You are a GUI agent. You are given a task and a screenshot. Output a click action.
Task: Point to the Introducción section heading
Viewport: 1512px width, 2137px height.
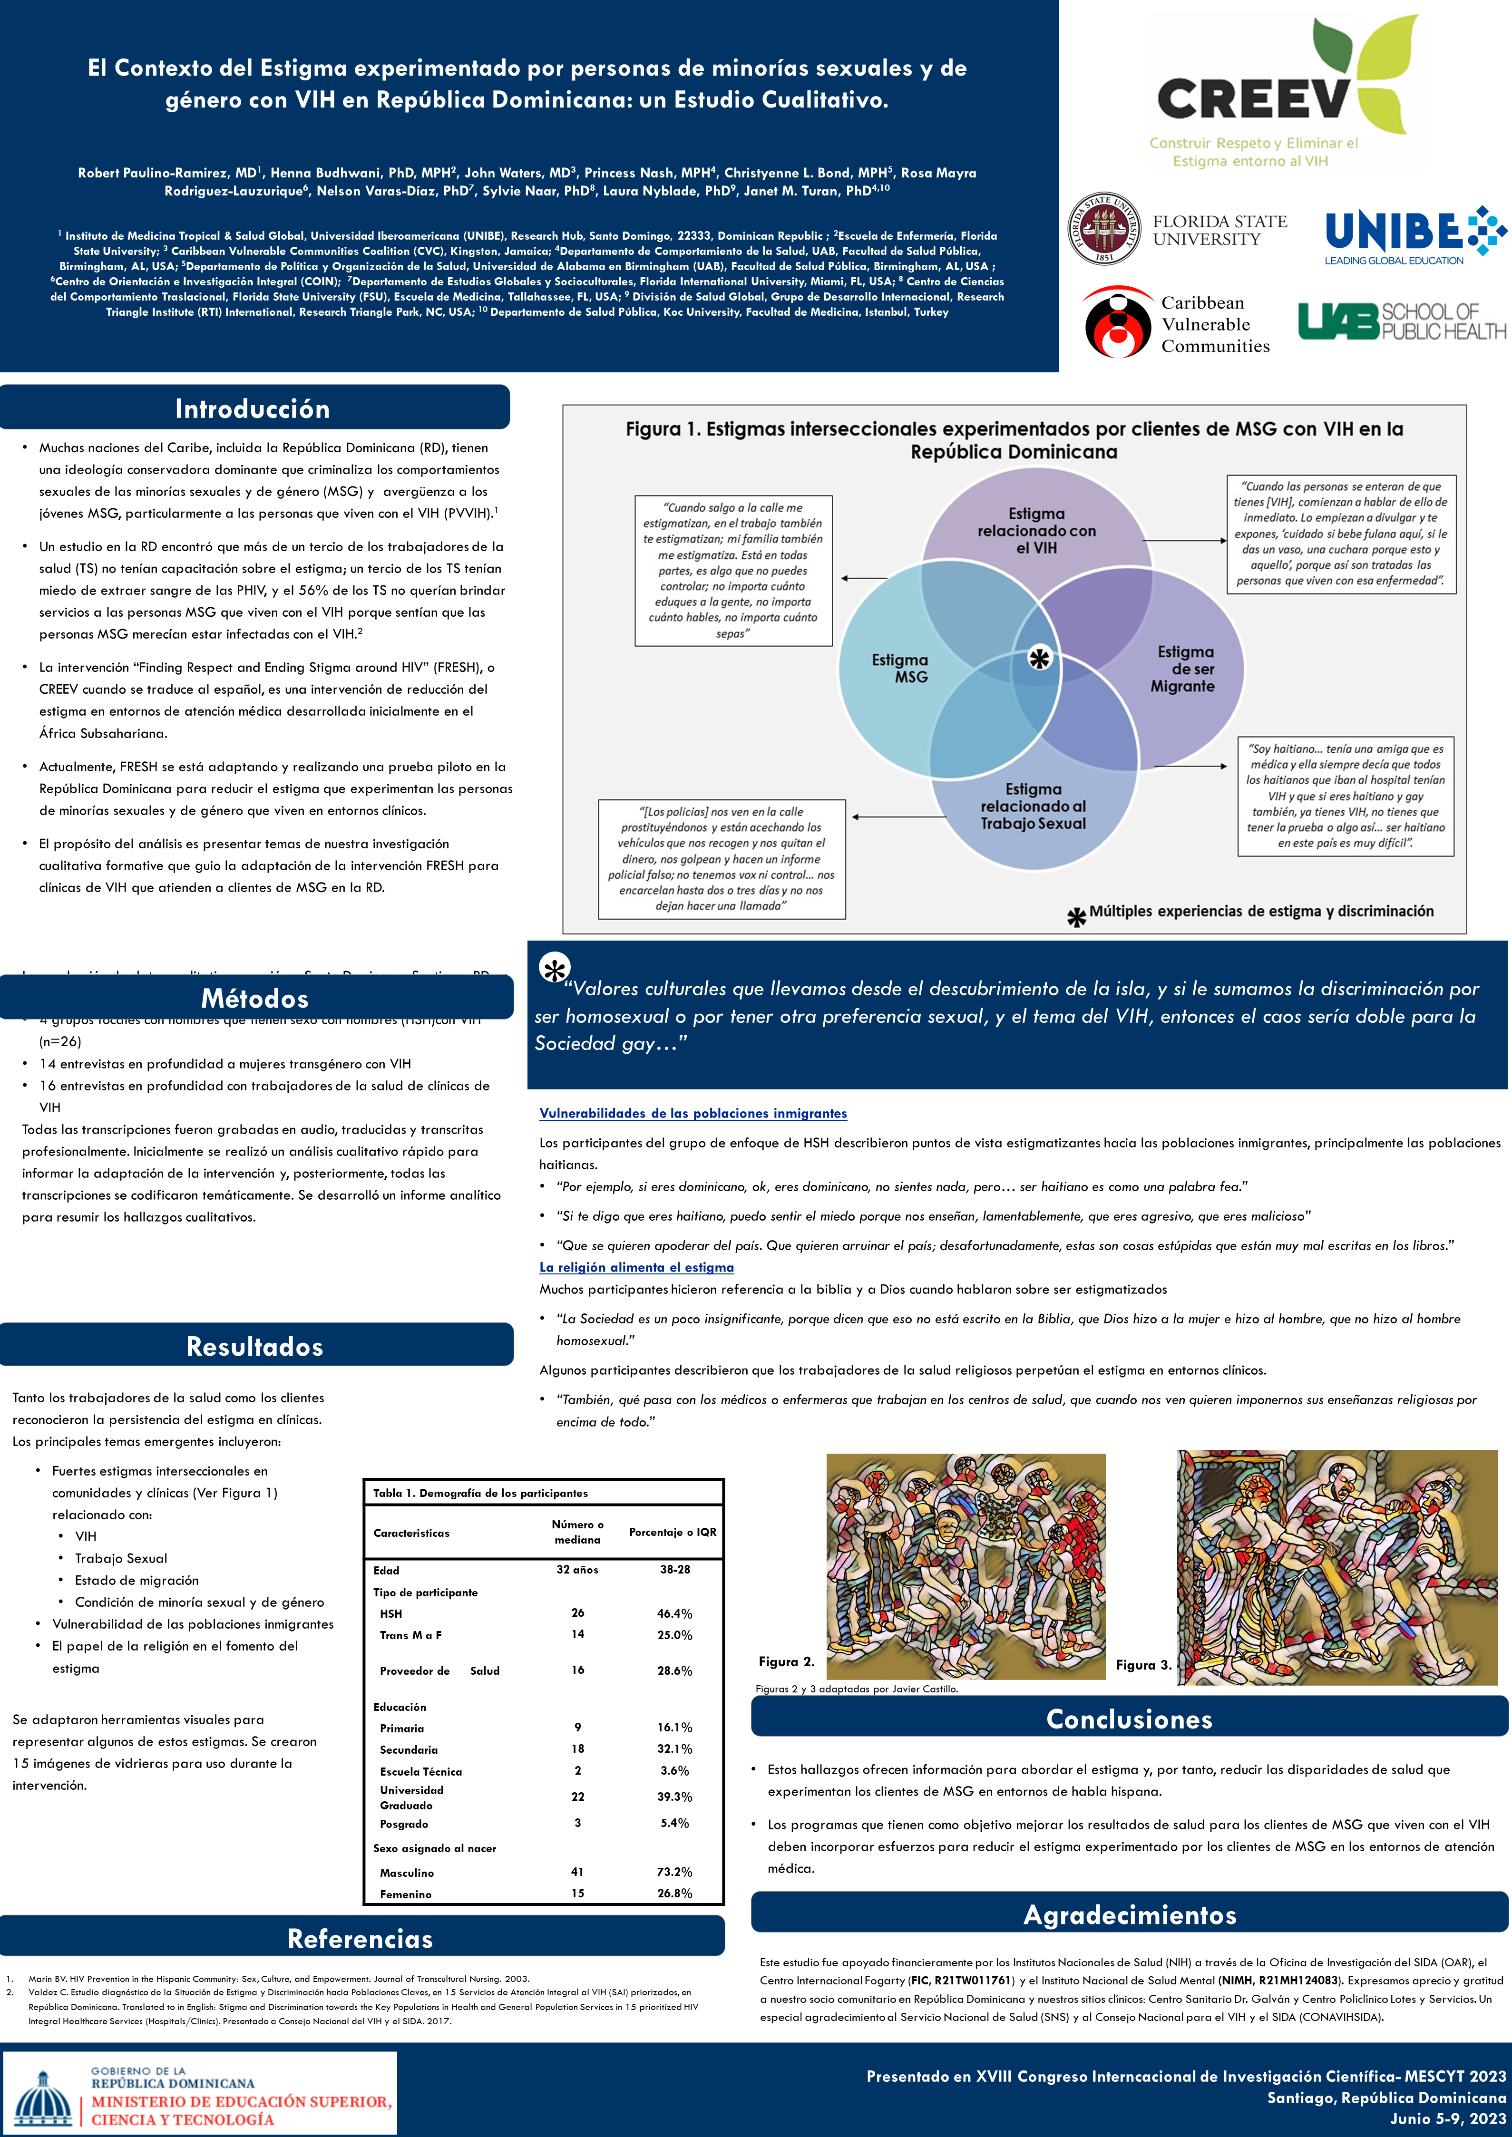click(x=252, y=408)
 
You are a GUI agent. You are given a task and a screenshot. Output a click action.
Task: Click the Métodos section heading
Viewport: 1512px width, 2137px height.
click(x=255, y=999)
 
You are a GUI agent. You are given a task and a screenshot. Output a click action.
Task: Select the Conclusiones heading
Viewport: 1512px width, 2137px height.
click(x=1129, y=1719)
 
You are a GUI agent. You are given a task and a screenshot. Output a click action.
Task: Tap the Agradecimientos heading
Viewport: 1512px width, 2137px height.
click(x=1129, y=1914)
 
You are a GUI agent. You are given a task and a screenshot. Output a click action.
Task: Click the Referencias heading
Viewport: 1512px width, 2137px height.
click(x=361, y=1939)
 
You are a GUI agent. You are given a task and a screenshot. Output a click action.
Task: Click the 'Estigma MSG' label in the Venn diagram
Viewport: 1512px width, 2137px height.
click(x=899, y=668)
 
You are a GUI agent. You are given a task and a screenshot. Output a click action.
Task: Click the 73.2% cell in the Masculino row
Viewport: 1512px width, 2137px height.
click(x=674, y=1872)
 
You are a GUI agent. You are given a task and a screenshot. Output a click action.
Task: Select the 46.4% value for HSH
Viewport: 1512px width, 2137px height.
click(x=674, y=1613)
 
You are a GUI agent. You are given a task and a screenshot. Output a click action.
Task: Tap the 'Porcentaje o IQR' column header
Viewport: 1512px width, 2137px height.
click(x=672, y=1532)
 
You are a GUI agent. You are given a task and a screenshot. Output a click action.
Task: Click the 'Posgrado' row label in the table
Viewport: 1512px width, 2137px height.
click(x=404, y=1824)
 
